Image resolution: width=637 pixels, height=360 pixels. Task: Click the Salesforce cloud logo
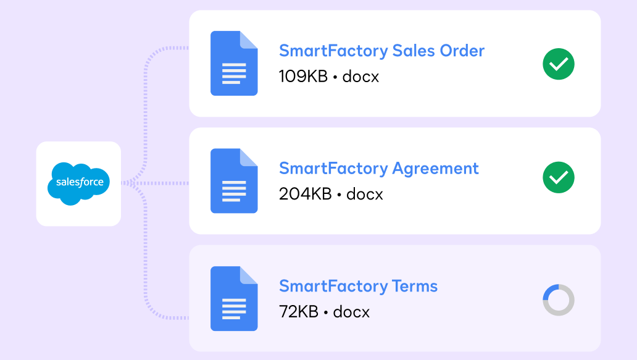click(x=78, y=183)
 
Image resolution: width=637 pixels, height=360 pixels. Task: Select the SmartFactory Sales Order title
click(x=381, y=51)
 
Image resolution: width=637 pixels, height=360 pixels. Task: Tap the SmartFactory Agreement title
click(x=378, y=168)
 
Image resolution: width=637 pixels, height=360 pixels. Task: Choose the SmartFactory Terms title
click(x=358, y=286)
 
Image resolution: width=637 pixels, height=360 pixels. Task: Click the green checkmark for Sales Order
click(x=559, y=64)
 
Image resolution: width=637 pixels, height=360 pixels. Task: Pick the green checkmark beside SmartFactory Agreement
click(x=559, y=178)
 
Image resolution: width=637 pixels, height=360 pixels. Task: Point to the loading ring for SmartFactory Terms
click(x=559, y=300)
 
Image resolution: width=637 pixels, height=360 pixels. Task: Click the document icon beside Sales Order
click(x=234, y=64)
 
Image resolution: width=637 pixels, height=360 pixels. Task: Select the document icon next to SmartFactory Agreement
click(x=234, y=181)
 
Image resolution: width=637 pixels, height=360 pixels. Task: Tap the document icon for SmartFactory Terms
click(x=234, y=299)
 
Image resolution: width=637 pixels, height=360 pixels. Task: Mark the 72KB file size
click(x=298, y=312)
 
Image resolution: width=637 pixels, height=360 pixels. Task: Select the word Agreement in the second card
click(x=435, y=168)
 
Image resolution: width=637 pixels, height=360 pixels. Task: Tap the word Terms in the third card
click(x=415, y=286)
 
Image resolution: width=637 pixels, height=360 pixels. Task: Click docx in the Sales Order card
click(x=360, y=77)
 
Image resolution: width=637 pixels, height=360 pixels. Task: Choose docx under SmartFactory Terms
click(x=351, y=312)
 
